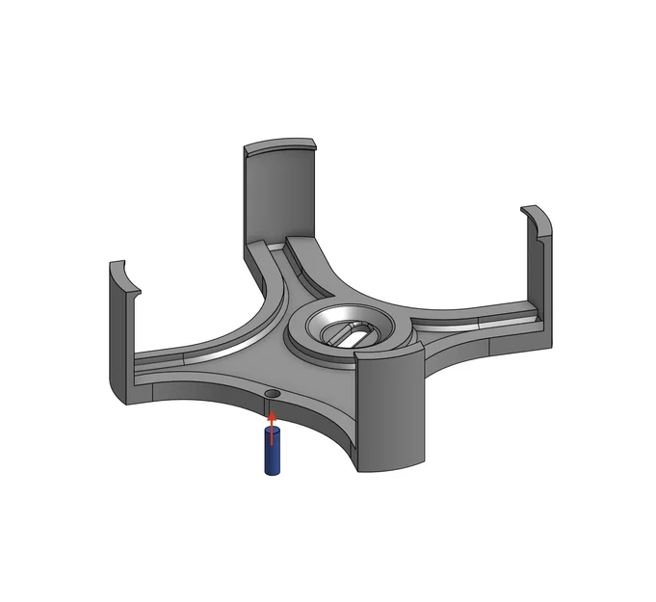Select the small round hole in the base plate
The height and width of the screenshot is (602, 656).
(x=273, y=396)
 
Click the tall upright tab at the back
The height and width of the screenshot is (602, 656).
(x=279, y=193)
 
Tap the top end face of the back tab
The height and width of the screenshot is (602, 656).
(x=279, y=147)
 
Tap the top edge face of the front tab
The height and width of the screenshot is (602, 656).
(x=385, y=354)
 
